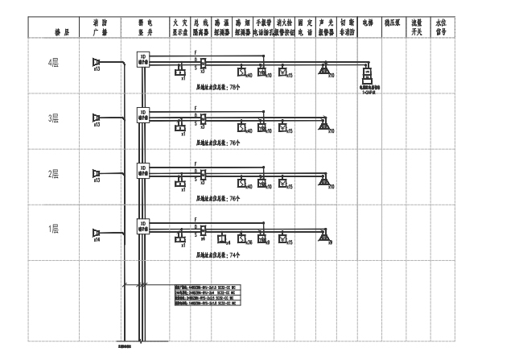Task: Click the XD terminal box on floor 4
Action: [x=143, y=58]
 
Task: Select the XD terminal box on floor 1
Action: [x=143, y=225]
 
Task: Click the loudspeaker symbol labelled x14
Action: [x=97, y=231]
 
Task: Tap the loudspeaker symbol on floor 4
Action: [x=97, y=63]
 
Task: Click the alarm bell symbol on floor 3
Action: [x=322, y=126]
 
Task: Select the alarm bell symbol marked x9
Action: [x=322, y=237]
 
